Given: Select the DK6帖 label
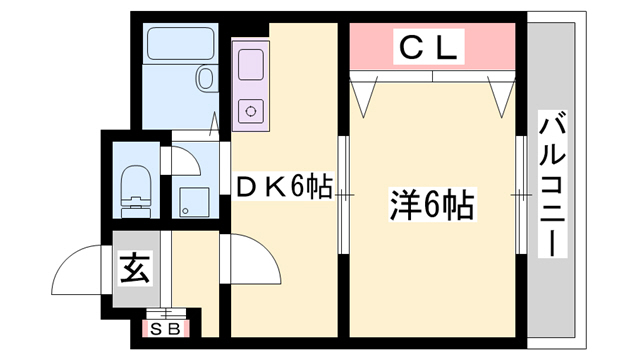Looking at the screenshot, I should tap(283, 187).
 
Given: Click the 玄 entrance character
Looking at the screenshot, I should tap(133, 267).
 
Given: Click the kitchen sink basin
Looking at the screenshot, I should tap(247, 61).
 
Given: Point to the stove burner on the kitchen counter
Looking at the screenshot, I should tap(249, 111).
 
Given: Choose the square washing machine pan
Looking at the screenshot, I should tap(194, 201).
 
